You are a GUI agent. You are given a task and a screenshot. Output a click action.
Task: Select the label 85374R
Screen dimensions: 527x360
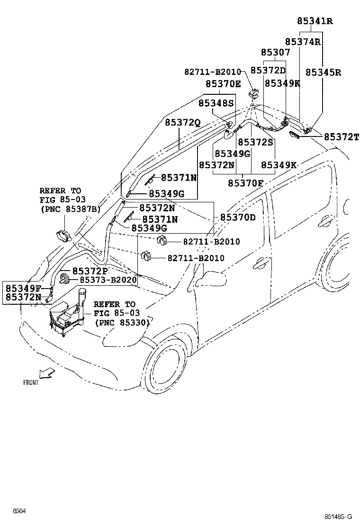point(303,42)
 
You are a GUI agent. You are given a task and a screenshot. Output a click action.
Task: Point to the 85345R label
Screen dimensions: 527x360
point(324,73)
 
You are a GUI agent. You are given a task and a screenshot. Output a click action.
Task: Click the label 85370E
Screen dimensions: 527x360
point(223,84)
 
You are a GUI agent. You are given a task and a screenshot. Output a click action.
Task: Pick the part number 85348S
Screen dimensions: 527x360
point(216,103)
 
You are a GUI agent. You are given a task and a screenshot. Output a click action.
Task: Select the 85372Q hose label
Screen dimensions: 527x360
point(183,123)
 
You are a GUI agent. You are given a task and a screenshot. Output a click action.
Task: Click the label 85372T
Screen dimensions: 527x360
point(342,137)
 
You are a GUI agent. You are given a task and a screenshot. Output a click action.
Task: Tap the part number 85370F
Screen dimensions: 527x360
point(245,183)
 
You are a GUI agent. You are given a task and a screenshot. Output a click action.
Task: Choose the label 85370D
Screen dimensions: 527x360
point(238,218)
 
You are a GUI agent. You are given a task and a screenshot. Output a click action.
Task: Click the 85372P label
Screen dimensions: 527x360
point(90,271)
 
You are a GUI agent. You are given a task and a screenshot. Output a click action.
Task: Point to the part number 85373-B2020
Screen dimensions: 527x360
point(108,280)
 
